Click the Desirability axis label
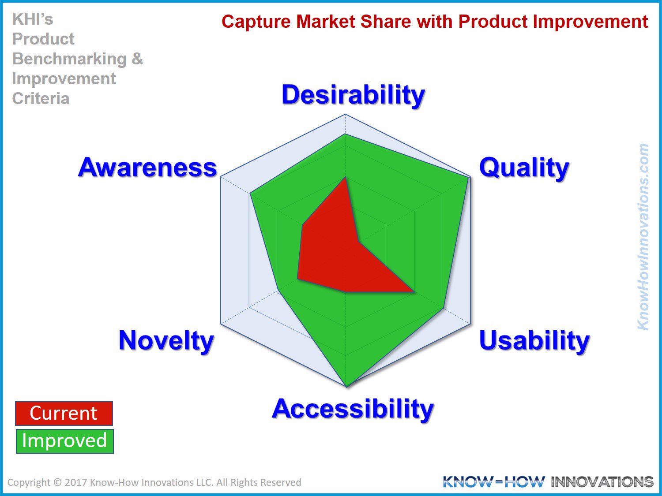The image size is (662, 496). tap(353, 95)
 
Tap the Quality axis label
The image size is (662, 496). tap(524, 168)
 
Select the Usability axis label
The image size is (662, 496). tap(534, 341)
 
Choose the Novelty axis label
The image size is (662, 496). tap(166, 341)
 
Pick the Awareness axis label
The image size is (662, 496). tap(147, 168)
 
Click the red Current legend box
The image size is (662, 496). tap(64, 413)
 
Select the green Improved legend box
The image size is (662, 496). tap(64, 441)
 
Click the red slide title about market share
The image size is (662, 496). tap(435, 22)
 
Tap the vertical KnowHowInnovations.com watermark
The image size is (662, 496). tap(643, 237)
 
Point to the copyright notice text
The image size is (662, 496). tap(154, 482)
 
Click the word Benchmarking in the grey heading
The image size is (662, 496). tap(69, 59)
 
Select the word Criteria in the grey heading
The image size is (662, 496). tap(41, 98)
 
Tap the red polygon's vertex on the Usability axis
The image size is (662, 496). tap(414, 292)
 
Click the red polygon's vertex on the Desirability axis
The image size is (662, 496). tap(345, 177)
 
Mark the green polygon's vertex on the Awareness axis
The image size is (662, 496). tap(250, 194)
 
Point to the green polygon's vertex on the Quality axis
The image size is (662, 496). tap(468, 177)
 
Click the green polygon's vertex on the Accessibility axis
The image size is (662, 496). tap(347, 386)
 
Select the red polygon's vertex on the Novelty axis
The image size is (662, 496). tap(297, 279)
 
